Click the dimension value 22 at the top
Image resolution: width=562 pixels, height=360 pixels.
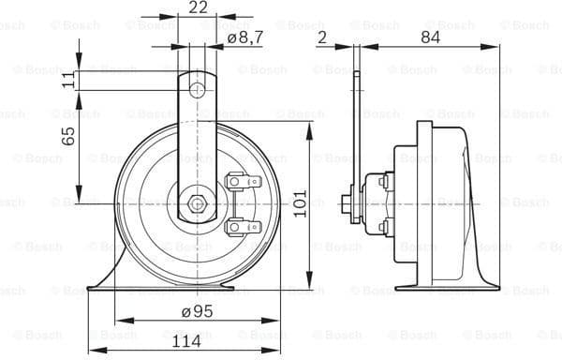coord(197,7)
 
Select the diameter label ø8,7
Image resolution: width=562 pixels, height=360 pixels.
coord(246,38)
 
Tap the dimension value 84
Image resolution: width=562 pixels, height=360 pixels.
coord(430,37)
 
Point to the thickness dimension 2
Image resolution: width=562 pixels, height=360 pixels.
coord(321,37)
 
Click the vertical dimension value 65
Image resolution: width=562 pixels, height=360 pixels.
coord(68,137)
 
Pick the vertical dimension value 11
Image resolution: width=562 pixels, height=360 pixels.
coord(68,81)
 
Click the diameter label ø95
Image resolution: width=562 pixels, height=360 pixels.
coord(197,311)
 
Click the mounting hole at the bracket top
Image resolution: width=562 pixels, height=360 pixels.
coord(197,90)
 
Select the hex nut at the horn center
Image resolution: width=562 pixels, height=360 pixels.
coord(197,202)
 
